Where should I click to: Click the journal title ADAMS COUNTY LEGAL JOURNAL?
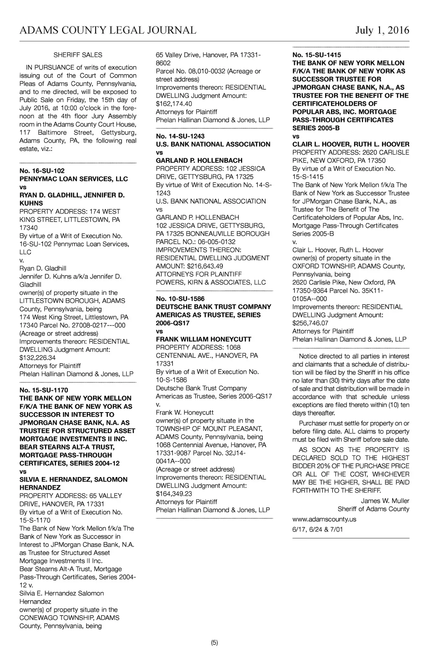tap(108, 30)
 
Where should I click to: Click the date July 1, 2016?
tap(382, 30)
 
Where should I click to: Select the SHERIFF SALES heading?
tap(78, 55)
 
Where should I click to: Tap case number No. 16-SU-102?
tap(42, 171)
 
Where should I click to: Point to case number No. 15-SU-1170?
tap(44, 390)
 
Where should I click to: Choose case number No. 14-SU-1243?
tap(180, 136)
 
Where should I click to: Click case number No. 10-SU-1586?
tap(180, 299)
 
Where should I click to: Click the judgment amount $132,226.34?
tap(37, 358)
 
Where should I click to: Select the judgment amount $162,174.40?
tap(174, 103)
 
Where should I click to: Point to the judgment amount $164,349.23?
tap(174, 494)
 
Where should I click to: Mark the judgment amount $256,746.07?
tap(310, 323)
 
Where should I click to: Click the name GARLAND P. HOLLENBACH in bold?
tap(199, 160)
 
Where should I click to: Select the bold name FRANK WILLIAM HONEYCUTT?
tap(204, 339)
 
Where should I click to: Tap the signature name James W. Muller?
tap(385, 501)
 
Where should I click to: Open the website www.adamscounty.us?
tap(324, 519)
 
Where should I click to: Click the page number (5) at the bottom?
tap(214, 643)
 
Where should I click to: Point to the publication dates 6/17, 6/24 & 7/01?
tap(318, 529)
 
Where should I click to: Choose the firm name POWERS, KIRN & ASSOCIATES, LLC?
tap(211, 282)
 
